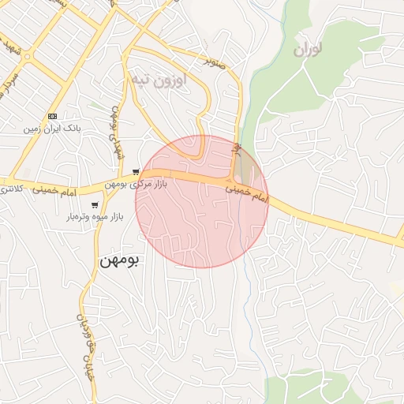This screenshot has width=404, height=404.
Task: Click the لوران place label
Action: [309, 50]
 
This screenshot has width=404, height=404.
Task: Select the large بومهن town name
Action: [119, 260]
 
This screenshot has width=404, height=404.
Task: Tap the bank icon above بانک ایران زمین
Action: [53, 115]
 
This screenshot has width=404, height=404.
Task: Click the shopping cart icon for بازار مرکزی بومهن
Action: [137, 171]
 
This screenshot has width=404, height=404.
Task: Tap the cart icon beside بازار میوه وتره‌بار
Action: [95, 204]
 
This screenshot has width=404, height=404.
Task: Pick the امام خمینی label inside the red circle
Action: [246, 195]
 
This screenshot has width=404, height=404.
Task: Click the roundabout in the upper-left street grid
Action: [27, 57]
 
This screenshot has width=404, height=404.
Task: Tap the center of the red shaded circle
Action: [202, 201]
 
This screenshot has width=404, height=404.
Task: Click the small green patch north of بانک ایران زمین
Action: [95, 105]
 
